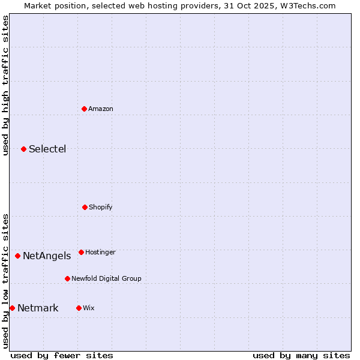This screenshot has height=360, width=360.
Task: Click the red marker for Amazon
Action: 85,109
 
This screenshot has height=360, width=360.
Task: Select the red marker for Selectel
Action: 23,149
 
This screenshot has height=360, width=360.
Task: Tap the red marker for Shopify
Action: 85,207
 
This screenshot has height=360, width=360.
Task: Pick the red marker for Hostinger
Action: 81,252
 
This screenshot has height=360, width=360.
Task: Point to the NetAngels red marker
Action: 17,256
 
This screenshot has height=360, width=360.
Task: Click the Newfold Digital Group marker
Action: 67,278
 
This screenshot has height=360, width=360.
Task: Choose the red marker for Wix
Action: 79,308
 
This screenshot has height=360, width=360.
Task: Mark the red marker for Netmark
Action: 12,308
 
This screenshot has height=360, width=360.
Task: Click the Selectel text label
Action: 47,149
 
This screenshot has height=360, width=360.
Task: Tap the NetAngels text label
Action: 47,256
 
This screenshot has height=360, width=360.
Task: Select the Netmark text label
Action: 38,308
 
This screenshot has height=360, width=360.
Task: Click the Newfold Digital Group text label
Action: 106,278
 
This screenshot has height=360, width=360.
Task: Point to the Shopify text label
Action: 100,207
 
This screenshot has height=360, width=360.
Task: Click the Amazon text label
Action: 100,109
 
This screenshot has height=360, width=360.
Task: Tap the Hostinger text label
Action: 100,252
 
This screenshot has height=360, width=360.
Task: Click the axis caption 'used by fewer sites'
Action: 62,355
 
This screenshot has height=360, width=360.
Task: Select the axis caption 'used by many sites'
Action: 301,355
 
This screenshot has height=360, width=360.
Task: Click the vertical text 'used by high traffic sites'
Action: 5,85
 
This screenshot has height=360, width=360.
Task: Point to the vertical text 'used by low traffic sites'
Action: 5,280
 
